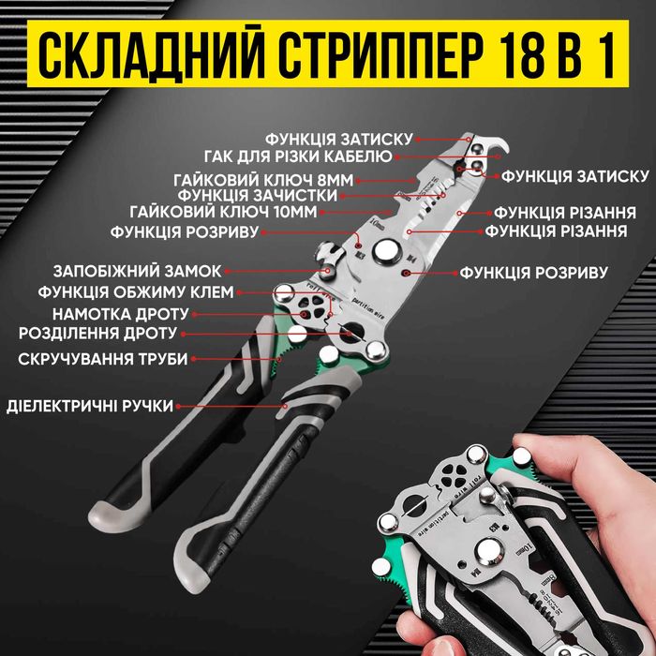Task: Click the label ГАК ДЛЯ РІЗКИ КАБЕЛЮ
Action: click(299, 156)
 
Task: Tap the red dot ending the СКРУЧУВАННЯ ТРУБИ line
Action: click(278, 357)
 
